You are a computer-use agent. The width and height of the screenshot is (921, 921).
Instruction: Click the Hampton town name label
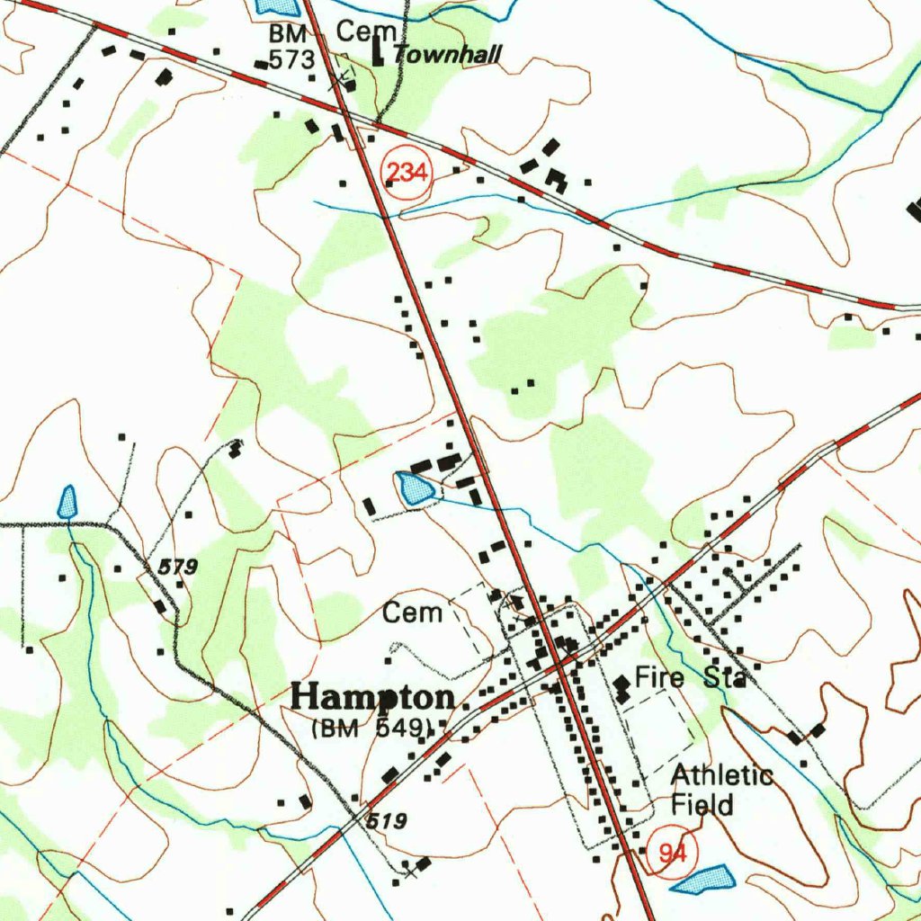click(374, 698)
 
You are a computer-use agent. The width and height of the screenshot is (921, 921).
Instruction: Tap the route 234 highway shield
click(407, 171)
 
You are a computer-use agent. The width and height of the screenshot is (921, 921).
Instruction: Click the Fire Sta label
click(690, 677)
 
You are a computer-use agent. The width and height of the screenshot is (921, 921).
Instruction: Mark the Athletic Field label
click(722, 790)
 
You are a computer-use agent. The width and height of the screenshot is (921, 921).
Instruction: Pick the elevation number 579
click(177, 568)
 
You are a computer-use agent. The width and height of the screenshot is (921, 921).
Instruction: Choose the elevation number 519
click(387, 820)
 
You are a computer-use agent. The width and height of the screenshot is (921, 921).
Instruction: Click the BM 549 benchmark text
click(372, 729)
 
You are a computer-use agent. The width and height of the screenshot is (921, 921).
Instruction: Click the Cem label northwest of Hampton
click(413, 613)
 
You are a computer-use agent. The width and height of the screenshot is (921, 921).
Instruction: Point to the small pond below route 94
click(702, 879)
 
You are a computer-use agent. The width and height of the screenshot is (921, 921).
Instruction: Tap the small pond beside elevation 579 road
click(67, 502)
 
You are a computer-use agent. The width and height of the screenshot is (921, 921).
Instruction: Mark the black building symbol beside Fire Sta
click(621, 689)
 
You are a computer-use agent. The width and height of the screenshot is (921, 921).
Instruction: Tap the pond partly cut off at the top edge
click(276, 5)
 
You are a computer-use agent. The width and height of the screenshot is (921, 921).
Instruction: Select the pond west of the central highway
click(415, 489)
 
